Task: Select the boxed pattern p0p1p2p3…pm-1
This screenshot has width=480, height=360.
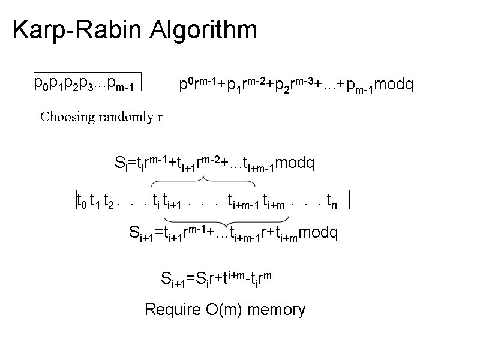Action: (88, 83)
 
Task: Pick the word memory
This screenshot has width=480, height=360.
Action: (276, 310)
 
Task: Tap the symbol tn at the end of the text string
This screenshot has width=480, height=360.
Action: (331, 199)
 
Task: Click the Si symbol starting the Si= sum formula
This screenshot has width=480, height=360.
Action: (119, 163)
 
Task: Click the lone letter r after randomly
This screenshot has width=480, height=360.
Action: (160, 116)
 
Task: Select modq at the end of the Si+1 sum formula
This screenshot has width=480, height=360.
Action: (318, 233)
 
